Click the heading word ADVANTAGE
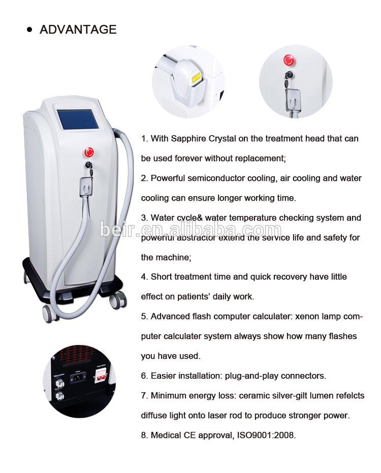tap(78, 29)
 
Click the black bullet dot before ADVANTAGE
tap(29, 29)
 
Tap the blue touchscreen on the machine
tap(75, 120)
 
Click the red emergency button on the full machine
tap(89, 152)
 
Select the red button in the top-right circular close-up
tap(289, 60)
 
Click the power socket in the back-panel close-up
tap(78, 378)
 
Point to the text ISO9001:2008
tap(266, 435)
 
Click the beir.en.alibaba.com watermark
tap(190, 230)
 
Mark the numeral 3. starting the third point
tap(144, 218)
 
